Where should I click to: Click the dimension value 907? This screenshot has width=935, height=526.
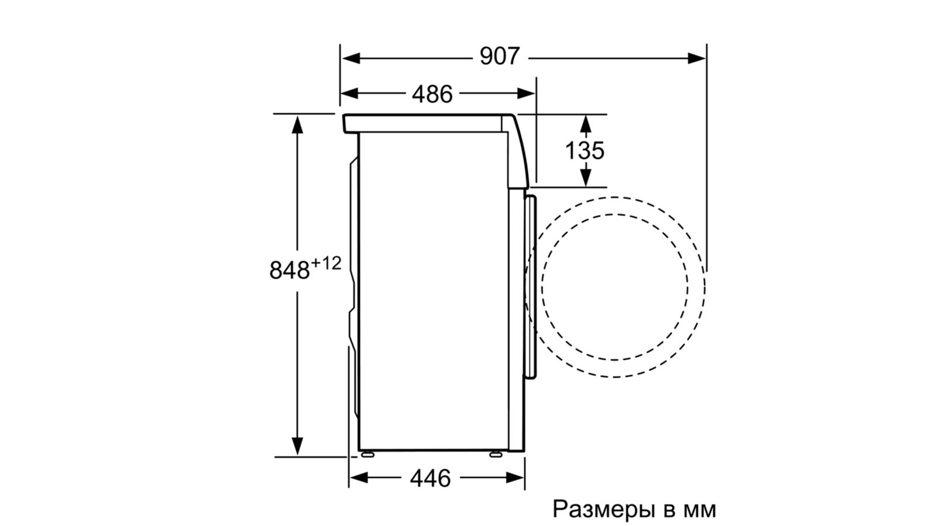click(500, 56)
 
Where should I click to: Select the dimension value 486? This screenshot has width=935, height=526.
click(432, 94)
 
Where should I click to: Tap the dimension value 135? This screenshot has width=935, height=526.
click(584, 150)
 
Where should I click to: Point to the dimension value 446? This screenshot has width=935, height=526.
click(430, 478)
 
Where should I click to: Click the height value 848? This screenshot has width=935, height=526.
click(289, 270)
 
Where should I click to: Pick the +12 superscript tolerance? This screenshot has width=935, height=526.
click(326, 263)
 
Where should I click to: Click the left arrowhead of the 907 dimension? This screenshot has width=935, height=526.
click(351, 58)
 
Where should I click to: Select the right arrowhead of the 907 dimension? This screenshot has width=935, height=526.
click(696, 58)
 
